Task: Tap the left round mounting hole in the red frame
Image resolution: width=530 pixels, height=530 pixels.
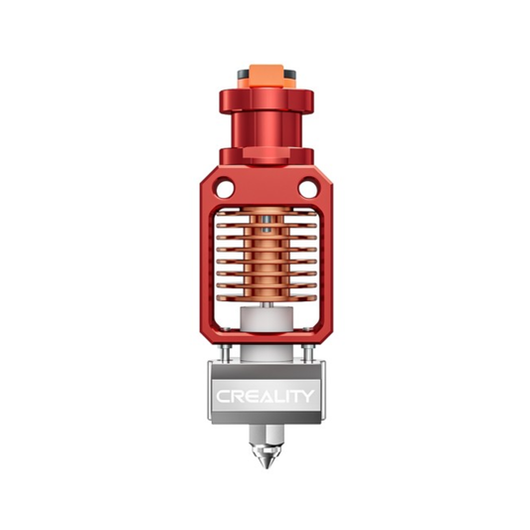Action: click(226, 185)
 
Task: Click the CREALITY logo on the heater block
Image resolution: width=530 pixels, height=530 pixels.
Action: click(265, 396)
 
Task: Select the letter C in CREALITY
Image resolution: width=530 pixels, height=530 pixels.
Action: click(222, 396)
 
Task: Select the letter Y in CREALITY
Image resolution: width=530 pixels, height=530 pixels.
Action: click(309, 396)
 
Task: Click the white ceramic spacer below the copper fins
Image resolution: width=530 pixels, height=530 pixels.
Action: click(265, 323)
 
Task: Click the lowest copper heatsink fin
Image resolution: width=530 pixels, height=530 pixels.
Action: click(265, 299)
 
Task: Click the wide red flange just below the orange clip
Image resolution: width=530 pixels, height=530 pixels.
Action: click(265, 98)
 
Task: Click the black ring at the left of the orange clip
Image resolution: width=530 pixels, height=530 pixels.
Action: click(242, 76)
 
